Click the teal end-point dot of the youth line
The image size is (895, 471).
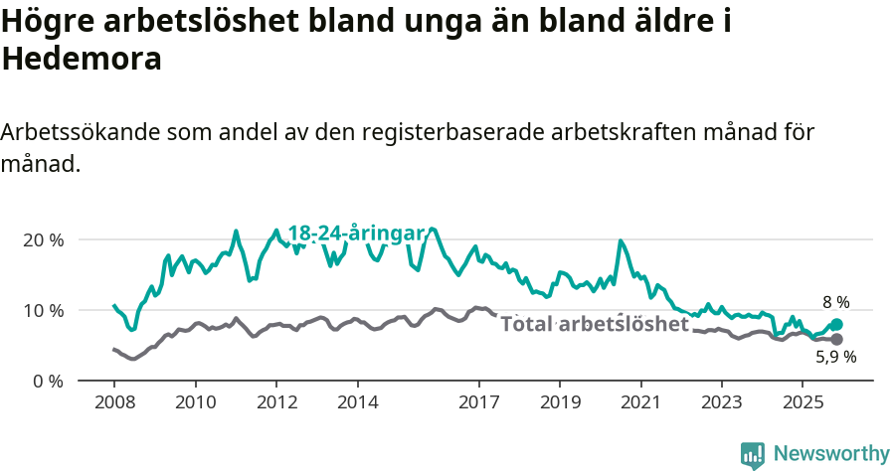point(836,324)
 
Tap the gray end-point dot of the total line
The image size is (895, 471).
point(836,340)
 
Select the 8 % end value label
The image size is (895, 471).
point(835,302)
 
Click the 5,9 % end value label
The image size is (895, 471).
point(835,357)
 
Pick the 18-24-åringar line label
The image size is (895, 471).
point(356,234)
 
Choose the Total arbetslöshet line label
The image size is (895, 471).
point(594,324)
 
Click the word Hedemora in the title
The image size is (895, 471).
point(82,60)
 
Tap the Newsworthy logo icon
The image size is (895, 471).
point(753,454)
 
